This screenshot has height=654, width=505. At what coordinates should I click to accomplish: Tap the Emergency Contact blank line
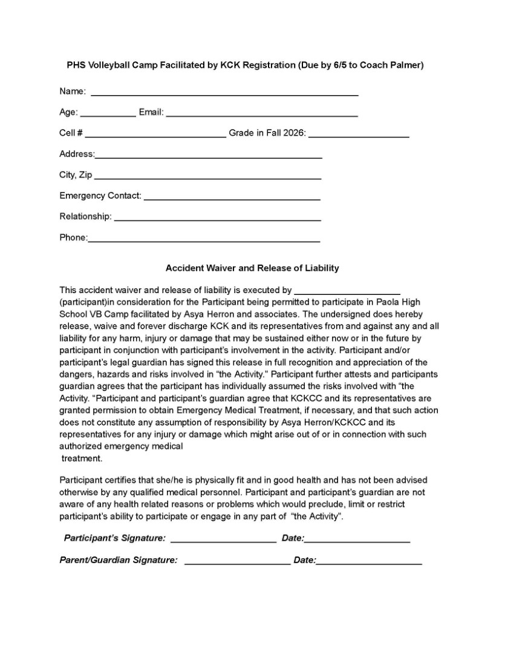(x=232, y=198)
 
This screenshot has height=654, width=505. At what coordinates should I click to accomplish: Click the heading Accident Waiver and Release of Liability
(x=252, y=268)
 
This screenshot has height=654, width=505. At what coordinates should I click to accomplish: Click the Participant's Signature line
(x=224, y=540)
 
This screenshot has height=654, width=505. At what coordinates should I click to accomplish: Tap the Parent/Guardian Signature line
(x=237, y=563)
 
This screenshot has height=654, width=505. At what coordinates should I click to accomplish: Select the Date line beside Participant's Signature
(x=357, y=540)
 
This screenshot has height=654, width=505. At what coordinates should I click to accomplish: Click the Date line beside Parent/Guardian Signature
(x=369, y=563)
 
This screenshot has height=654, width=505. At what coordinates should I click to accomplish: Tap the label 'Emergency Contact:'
(x=100, y=196)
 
